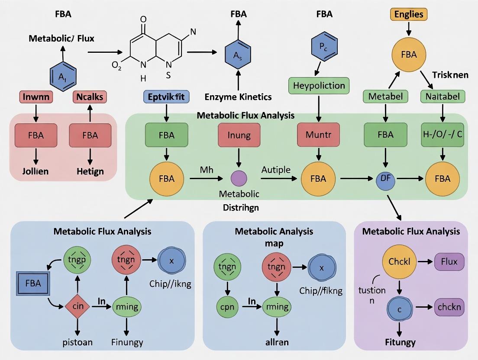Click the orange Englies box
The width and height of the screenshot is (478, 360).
[x=409, y=14]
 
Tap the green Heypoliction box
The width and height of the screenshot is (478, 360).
[x=319, y=85]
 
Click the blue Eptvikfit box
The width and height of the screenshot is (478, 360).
[x=166, y=96]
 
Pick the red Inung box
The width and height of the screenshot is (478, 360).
[x=239, y=135]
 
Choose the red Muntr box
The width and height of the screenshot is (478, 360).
[x=318, y=135]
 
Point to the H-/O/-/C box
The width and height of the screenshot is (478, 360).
[x=442, y=135]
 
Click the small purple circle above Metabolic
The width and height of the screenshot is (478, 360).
[x=239, y=178]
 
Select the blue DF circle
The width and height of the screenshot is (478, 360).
[x=385, y=178]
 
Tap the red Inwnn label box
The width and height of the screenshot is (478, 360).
[x=36, y=96]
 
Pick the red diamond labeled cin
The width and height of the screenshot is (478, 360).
[x=78, y=306]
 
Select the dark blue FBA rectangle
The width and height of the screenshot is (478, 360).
[x=33, y=284]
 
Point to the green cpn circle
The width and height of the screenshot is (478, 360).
[x=227, y=307]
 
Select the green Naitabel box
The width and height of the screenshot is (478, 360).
[x=442, y=96]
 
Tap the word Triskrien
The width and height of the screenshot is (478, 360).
[x=450, y=74]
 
